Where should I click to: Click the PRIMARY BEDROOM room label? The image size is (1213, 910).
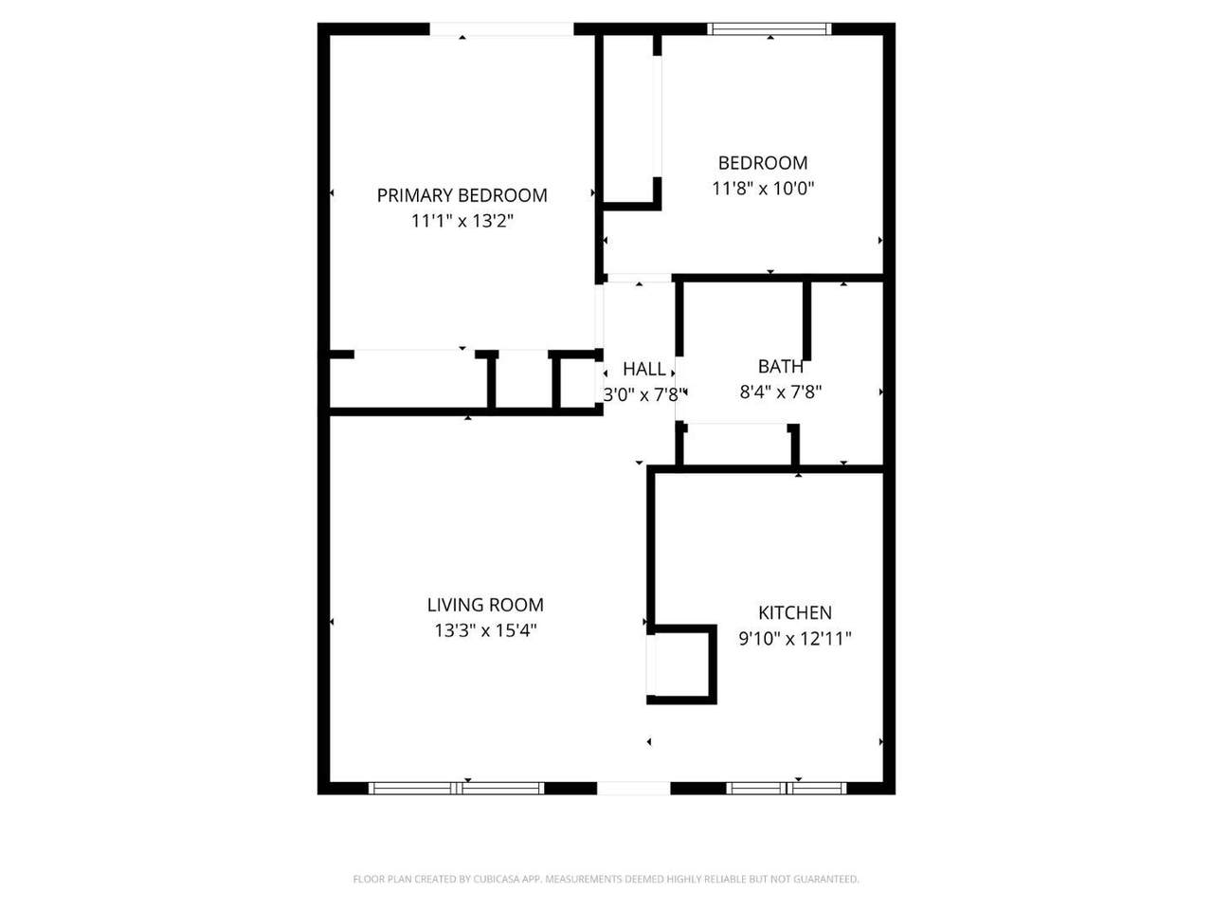click(x=462, y=195)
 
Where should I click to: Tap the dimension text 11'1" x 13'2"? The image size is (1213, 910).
click(x=462, y=221)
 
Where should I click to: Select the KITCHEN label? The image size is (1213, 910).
click(x=795, y=612)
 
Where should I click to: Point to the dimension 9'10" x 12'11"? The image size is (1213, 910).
click(x=795, y=639)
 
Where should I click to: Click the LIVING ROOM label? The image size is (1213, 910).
click(x=485, y=605)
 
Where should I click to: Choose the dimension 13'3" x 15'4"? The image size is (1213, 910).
click(x=485, y=630)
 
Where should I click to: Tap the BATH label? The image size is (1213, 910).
click(x=780, y=366)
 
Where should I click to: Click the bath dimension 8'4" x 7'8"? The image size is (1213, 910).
click(x=780, y=392)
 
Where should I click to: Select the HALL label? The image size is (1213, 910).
click(x=643, y=369)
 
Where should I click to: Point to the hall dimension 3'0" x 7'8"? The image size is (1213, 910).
click(x=643, y=395)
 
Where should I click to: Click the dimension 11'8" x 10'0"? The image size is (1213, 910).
click(x=763, y=189)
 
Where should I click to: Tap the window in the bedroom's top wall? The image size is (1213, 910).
click(x=769, y=29)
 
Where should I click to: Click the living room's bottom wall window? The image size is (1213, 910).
click(x=457, y=788)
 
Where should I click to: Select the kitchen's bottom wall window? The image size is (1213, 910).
click(x=786, y=788)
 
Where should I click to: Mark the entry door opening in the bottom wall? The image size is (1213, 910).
click(x=634, y=788)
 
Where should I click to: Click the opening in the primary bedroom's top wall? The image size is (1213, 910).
click(x=501, y=29)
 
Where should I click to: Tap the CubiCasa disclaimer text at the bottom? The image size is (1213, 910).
click(x=606, y=879)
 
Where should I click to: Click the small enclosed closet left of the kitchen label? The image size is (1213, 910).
click(x=681, y=664)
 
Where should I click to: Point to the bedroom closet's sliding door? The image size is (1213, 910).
click(x=657, y=117)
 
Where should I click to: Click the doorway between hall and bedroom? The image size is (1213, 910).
click(x=639, y=278)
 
